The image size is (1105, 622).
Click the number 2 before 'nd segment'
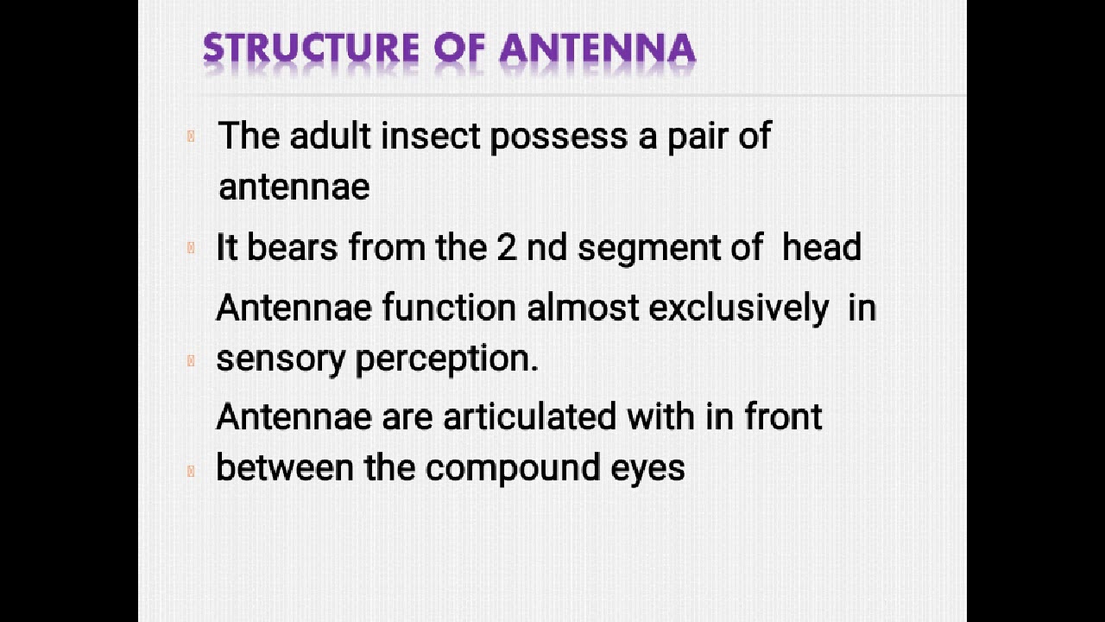(506, 248)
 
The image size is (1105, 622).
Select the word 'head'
(821, 248)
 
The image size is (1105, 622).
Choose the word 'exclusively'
(738, 309)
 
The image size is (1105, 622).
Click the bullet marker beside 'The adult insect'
(191, 136)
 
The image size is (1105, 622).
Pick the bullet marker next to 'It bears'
(191, 248)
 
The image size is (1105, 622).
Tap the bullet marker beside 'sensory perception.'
(191, 360)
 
